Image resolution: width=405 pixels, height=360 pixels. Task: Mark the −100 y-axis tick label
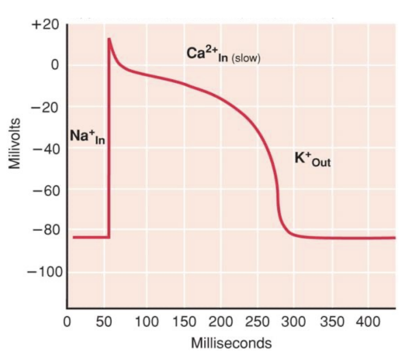(44, 272)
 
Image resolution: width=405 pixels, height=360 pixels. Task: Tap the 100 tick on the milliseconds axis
(146, 321)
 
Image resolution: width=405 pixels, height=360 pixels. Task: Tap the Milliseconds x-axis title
(231, 344)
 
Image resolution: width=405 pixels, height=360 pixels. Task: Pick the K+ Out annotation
(312, 159)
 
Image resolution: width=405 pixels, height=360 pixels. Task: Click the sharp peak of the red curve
(109, 39)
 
